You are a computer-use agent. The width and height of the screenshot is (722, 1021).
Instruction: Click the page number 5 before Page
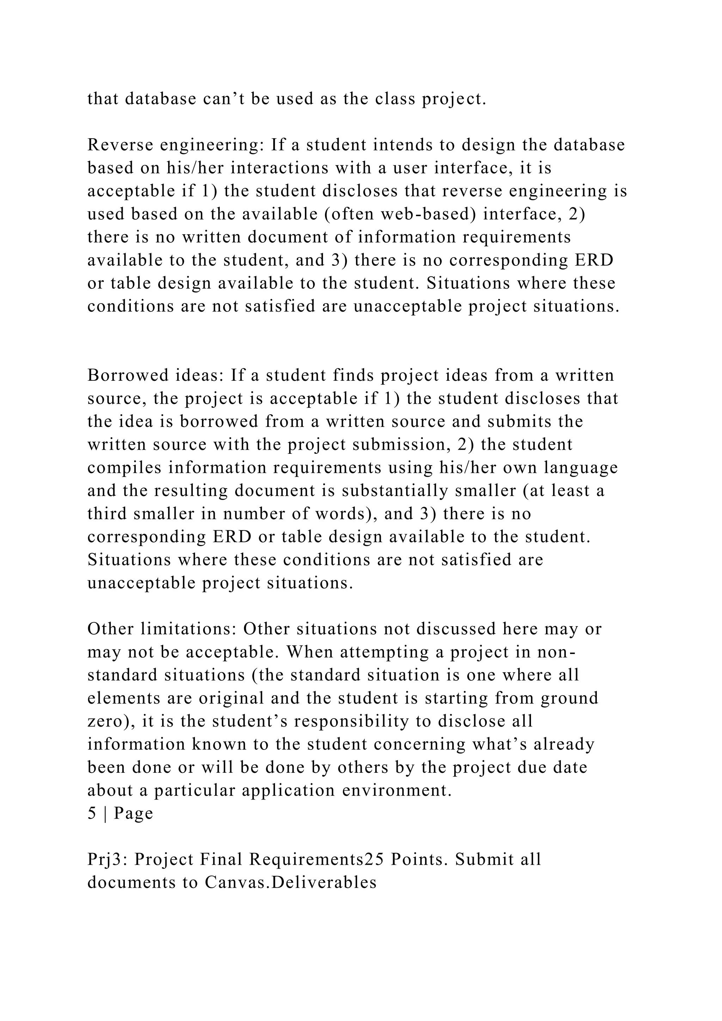[x=92, y=813]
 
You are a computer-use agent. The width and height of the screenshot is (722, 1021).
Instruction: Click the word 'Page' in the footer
[x=133, y=813]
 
